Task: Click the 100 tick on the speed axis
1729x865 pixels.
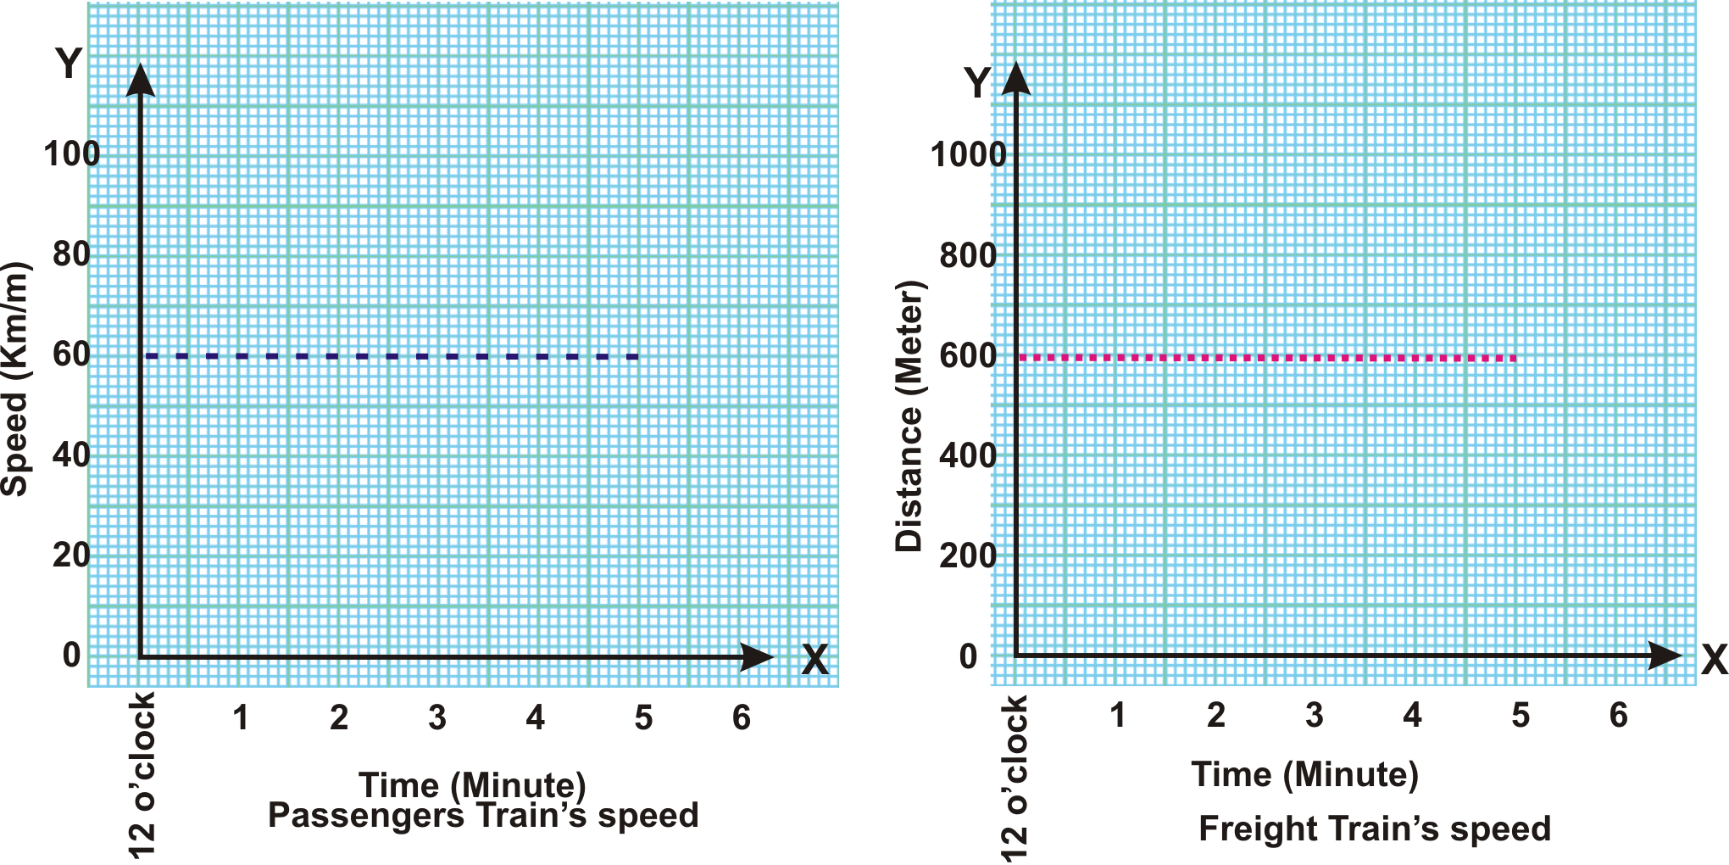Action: [72, 154]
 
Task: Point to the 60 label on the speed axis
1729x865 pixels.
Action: [72, 354]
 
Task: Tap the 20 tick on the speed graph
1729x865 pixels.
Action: [72, 555]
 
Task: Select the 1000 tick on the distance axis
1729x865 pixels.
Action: [968, 155]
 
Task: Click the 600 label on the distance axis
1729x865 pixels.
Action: [968, 356]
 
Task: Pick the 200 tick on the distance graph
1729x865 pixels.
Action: [968, 556]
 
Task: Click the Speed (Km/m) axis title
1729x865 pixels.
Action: [14, 379]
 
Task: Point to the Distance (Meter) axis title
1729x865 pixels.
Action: [909, 416]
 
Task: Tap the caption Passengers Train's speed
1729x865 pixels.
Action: [483, 816]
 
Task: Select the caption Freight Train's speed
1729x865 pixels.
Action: [1374, 829]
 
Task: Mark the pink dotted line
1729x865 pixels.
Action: [1267, 358]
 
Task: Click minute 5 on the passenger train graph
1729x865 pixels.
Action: [643, 718]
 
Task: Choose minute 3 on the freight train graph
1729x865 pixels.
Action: [1314, 716]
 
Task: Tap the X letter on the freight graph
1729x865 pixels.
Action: [1714, 660]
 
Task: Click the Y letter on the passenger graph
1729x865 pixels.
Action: [69, 64]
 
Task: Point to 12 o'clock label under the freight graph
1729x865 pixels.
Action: [1015, 778]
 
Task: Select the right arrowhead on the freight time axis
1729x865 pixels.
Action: [1665, 655]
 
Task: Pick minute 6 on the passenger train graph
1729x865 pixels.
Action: [742, 718]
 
